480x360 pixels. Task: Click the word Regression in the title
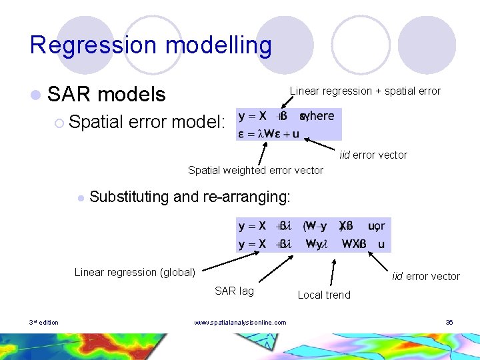tap(83, 45)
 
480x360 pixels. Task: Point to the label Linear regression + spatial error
tap(365, 91)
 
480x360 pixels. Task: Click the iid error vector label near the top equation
tap(373, 155)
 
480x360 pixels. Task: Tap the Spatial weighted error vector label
tap(255, 170)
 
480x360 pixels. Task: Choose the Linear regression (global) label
tap(135, 271)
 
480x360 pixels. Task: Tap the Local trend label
tap(324, 294)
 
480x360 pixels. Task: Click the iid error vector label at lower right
tap(426, 276)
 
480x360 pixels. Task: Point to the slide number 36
tap(449, 323)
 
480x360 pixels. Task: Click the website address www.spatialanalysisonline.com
tap(240, 323)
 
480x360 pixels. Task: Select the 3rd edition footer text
tap(44, 323)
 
